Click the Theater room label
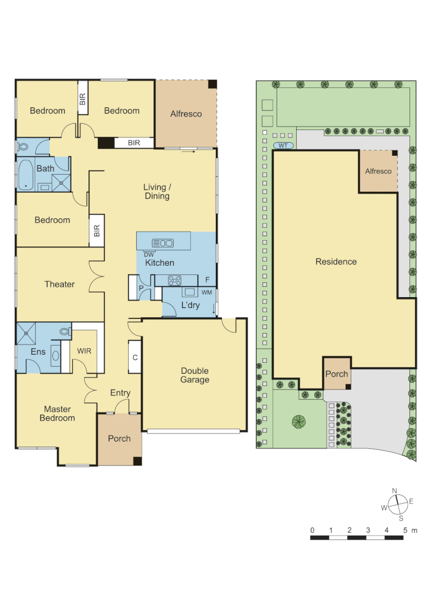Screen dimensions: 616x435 coord(60,284)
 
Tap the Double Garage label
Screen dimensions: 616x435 coord(195,375)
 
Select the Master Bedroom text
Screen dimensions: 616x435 coord(57,414)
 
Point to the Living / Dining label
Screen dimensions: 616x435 coord(157,192)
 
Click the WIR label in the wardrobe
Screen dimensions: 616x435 coord(84,351)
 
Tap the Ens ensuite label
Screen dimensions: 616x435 coord(38,352)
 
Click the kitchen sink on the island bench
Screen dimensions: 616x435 coord(163,243)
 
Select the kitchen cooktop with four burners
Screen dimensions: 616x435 coord(174,280)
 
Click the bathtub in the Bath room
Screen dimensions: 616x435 coord(25,175)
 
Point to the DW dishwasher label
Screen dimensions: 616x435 coord(149,254)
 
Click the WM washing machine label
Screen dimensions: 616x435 coord(207,292)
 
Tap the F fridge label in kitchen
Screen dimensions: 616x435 coord(207,280)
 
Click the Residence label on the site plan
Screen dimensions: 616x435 coord(336,262)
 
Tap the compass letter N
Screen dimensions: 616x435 coord(394,491)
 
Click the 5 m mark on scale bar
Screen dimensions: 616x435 coord(405,530)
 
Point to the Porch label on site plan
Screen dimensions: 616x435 coord(336,374)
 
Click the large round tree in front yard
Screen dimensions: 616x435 coord(299,422)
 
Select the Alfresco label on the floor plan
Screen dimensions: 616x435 coord(186,114)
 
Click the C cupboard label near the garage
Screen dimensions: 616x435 coord(135,358)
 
